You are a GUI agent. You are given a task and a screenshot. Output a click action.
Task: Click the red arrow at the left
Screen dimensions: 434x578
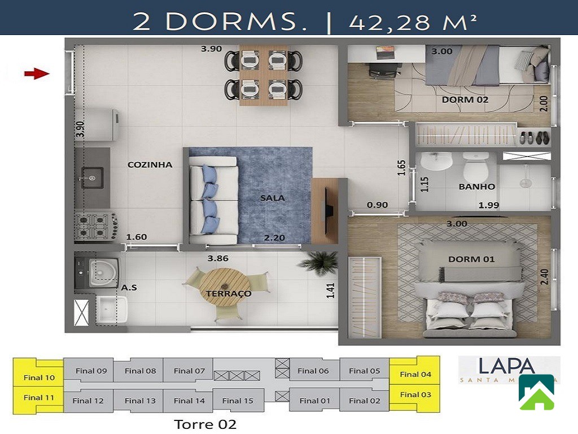(x=37, y=73)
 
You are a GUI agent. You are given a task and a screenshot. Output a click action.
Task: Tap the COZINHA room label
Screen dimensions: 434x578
(x=150, y=165)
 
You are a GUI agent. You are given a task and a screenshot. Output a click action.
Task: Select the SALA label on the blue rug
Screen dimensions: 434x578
(x=272, y=198)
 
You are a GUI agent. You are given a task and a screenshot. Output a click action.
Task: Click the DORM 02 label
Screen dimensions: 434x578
(x=465, y=100)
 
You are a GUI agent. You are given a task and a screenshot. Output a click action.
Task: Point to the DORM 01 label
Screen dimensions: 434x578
(x=471, y=259)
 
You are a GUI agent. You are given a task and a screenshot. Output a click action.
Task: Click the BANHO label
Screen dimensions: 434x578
(x=476, y=186)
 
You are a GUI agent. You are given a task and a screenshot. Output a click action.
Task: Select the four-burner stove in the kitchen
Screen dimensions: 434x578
(x=94, y=225)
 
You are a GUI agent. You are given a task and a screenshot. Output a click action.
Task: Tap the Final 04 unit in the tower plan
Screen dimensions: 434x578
(x=415, y=374)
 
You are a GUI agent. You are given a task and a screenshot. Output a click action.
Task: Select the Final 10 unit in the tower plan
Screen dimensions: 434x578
(x=39, y=377)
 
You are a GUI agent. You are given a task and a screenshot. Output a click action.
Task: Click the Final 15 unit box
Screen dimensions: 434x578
(x=238, y=401)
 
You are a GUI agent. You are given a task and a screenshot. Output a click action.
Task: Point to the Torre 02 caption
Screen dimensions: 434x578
(x=205, y=424)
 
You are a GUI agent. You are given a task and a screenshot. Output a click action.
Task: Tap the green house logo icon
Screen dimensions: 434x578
(x=536, y=392)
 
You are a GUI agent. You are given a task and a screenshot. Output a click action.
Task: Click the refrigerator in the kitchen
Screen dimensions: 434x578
(x=103, y=124)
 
